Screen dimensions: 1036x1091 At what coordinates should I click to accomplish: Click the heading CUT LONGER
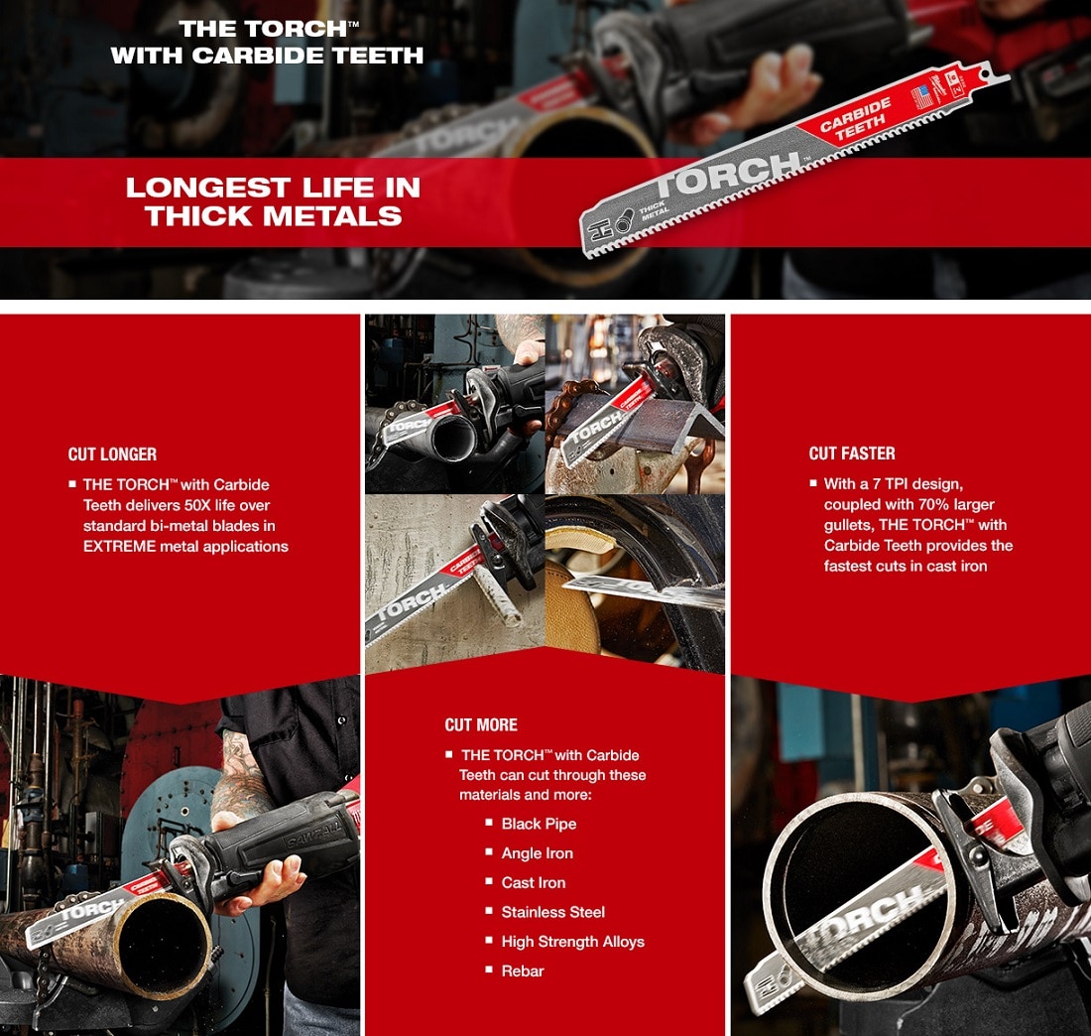coord(112,454)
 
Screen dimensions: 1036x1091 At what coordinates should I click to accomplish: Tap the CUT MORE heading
coord(481,724)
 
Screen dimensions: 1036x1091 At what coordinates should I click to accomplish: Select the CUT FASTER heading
coord(852,453)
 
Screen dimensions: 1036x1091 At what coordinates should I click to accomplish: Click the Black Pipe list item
coord(539,824)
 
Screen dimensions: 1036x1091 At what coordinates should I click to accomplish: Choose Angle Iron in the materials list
coord(537,853)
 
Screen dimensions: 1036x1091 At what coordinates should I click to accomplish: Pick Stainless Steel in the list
coord(552,912)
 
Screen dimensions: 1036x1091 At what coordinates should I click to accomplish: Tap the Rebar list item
coord(523,971)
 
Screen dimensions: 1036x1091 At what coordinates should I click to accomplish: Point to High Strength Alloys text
coord(572,942)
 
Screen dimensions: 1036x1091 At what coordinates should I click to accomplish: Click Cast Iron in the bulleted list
coord(534,882)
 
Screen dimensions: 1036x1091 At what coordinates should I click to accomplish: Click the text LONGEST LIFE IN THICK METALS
coord(273,201)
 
